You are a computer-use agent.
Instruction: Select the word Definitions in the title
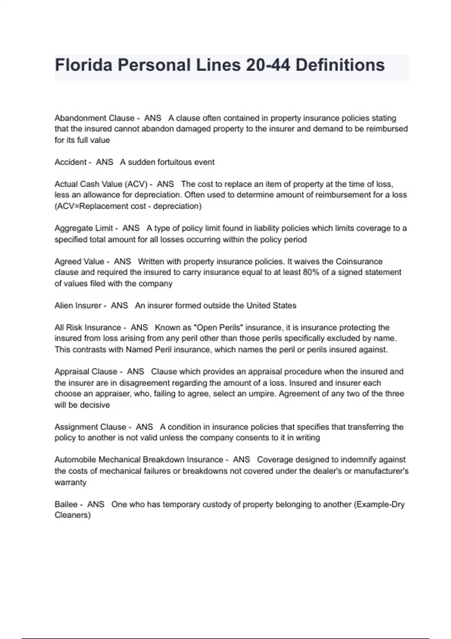(x=340, y=65)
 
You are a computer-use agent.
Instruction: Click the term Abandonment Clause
(x=94, y=118)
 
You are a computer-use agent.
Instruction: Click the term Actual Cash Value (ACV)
(x=101, y=184)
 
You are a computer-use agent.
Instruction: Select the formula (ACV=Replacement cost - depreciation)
(x=128, y=206)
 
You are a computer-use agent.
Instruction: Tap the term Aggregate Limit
(x=84, y=228)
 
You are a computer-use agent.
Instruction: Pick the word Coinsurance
(x=359, y=261)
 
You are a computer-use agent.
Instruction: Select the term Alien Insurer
(x=78, y=306)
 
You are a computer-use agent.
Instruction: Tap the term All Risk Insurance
(x=88, y=327)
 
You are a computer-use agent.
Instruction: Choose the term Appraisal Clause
(x=86, y=371)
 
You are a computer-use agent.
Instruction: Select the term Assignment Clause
(x=90, y=427)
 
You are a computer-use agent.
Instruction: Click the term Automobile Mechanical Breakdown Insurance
(x=139, y=460)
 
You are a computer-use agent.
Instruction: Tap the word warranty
(x=70, y=482)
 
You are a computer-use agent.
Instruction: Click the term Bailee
(x=66, y=504)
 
